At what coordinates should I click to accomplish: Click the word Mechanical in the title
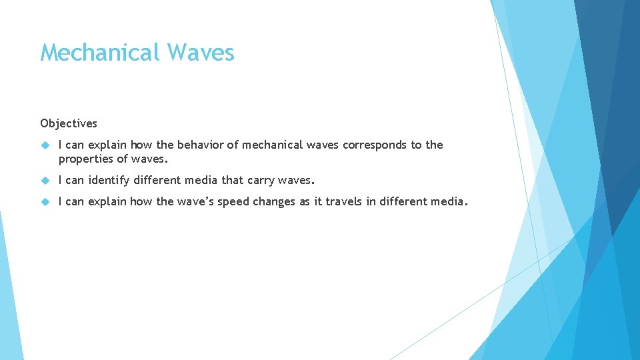(x=100, y=52)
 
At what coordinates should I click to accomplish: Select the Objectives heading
(x=69, y=123)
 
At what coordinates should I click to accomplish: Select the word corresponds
(x=374, y=145)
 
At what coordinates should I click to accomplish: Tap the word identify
(x=109, y=180)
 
